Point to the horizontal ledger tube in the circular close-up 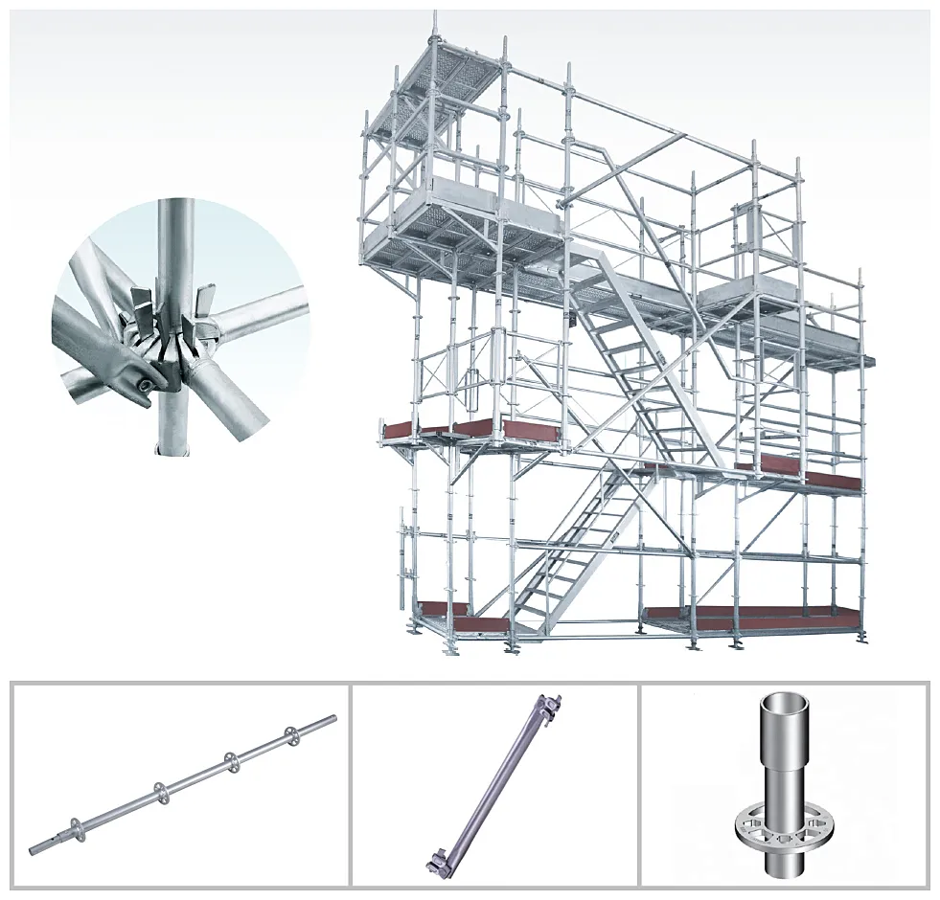pos(259,317)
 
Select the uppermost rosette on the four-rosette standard pos(290,735)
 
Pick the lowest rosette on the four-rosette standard pos(74,827)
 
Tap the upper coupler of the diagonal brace pos(549,707)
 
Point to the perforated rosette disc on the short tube pos(783,822)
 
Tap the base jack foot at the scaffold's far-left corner pos(413,627)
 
